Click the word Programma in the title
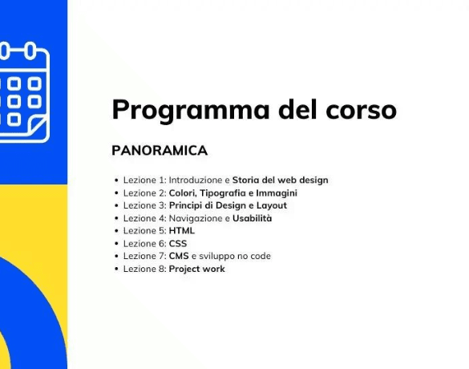pos(191,110)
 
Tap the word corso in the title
pos(361,111)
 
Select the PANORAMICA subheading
pos(160,150)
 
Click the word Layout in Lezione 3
pos(272,205)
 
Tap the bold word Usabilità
pos(253,218)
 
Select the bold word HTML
pos(182,230)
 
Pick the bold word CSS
pos(178,243)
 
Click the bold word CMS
pos(179,256)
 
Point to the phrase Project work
pos(196,269)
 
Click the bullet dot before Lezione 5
pos(116,231)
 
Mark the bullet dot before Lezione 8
pos(116,269)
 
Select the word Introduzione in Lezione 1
pos(196,180)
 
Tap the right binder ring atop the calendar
pos(30,51)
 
